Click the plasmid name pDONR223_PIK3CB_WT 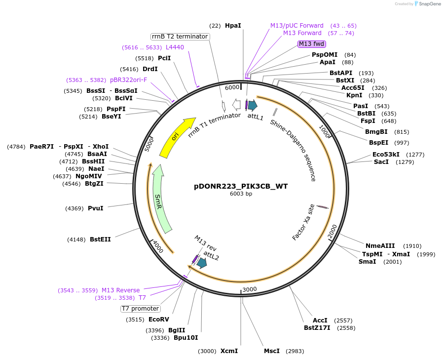(241, 186)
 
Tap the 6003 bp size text (241, 194)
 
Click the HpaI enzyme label (233, 25)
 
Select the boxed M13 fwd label (312, 44)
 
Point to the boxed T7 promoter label (141, 309)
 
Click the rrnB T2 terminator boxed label (180, 37)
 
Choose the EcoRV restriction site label (158, 320)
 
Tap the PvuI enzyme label (95, 208)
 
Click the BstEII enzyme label (100, 240)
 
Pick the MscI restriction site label (272, 351)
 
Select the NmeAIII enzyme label (380, 245)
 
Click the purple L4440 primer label (175, 47)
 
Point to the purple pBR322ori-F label (128, 80)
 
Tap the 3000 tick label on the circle (250, 289)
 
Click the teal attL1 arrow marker (252, 105)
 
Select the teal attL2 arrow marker (201, 263)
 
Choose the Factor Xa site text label (303, 222)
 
